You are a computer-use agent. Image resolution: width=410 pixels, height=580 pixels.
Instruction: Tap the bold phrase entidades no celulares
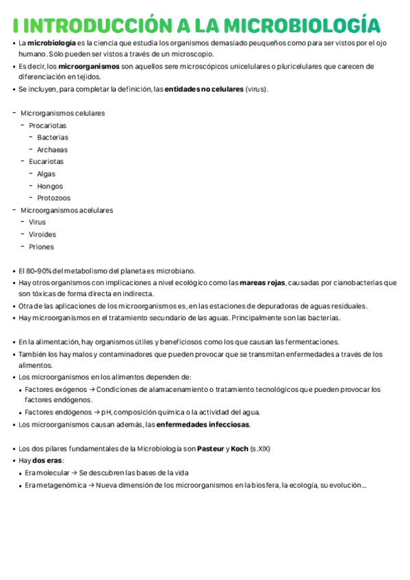click(204, 90)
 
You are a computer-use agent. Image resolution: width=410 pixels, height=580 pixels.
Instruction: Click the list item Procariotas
click(47, 125)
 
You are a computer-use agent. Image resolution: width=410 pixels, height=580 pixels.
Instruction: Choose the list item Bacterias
click(53, 137)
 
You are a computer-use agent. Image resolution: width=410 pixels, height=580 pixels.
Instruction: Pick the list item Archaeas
click(52, 150)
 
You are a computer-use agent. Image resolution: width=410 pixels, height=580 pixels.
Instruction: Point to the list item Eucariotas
click(46, 161)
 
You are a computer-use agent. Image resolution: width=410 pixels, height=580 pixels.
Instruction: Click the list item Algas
click(46, 174)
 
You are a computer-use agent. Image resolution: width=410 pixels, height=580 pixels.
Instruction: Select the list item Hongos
click(49, 186)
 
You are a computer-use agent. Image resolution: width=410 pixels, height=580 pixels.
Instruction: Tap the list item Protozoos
click(53, 198)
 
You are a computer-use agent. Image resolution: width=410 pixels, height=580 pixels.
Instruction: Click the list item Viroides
click(42, 235)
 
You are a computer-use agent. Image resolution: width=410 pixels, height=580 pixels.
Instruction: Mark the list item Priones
click(41, 247)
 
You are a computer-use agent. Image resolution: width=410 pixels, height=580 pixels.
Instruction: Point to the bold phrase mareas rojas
click(264, 282)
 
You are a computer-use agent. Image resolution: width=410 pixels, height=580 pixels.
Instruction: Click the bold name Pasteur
click(210, 449)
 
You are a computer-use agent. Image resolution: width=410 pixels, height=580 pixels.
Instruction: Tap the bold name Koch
click(240, 449)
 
